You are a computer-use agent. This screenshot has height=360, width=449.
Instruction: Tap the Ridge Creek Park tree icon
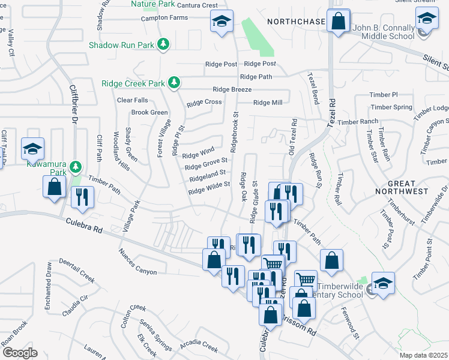174,82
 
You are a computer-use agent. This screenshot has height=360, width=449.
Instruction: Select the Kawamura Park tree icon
75,166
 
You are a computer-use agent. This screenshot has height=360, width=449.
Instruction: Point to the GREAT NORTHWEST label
408,187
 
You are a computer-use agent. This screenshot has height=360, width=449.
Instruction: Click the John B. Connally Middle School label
384,32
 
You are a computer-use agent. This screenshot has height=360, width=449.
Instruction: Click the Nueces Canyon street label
138,263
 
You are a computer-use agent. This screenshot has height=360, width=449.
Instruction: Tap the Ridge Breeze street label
232,89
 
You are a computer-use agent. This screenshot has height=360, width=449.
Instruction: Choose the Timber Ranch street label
358,122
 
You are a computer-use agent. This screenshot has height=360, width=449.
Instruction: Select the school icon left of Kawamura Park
32,148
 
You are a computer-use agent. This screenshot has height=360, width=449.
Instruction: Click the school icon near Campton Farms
221,23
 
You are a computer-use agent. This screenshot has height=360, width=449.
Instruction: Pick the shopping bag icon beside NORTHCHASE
339,22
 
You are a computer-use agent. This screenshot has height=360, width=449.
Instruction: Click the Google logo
20,353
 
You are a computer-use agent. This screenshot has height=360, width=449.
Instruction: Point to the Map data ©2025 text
423,355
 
